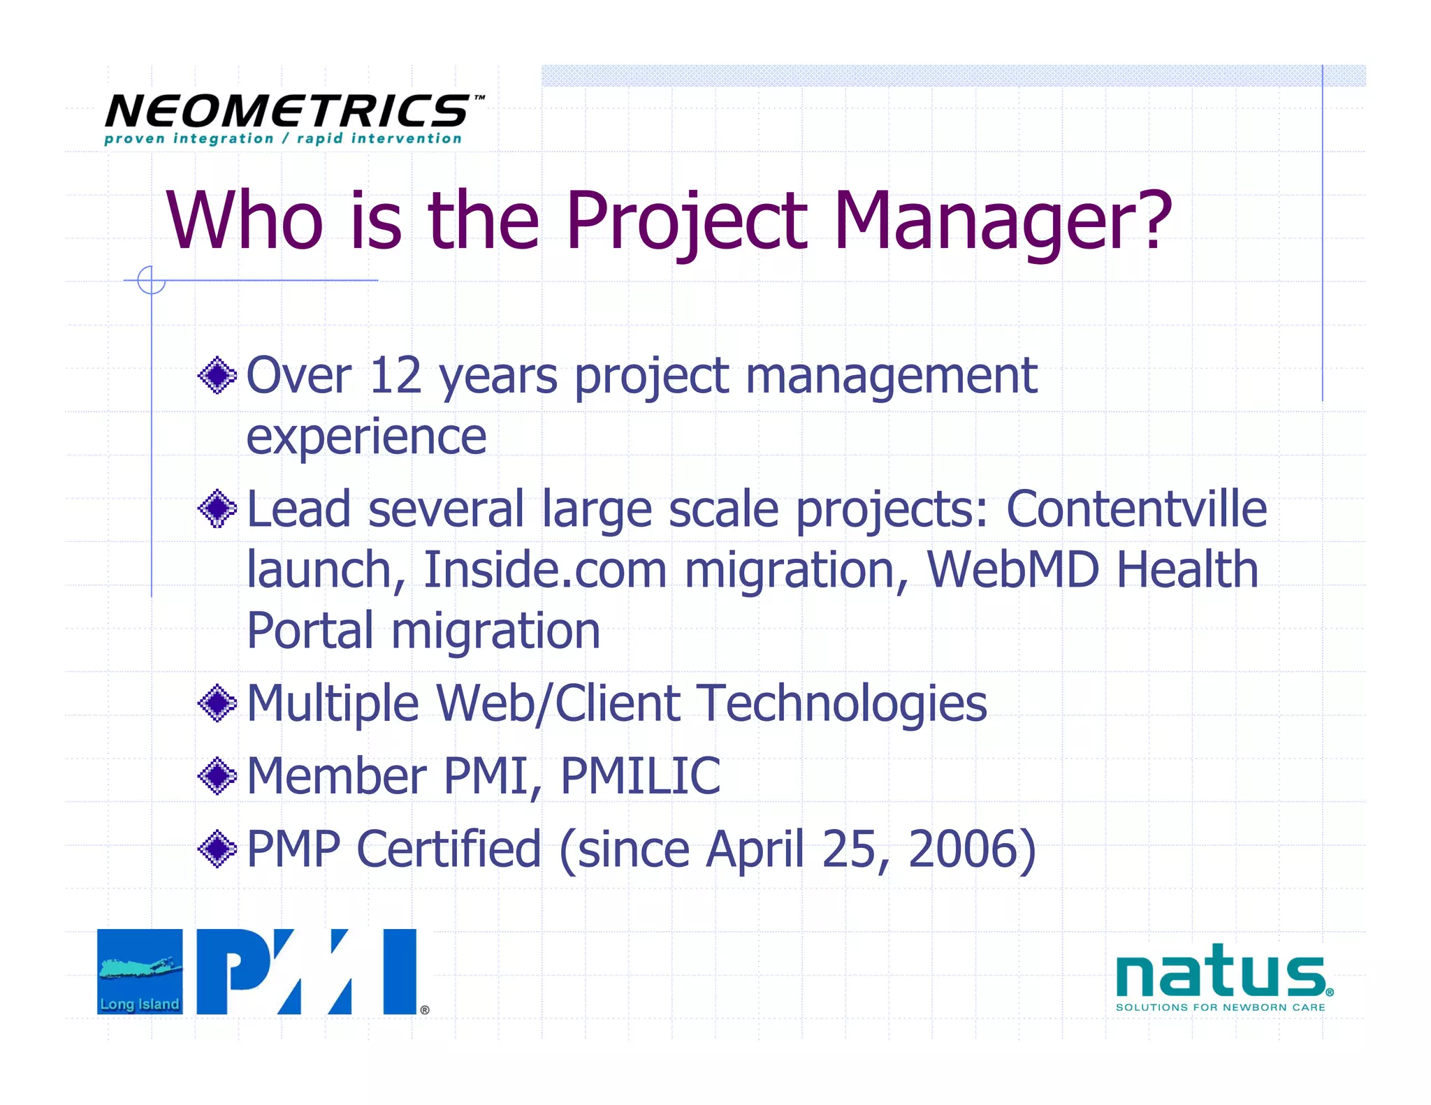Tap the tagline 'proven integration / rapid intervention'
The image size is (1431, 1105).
point(283,138)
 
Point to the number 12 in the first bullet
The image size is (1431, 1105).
point(395,376)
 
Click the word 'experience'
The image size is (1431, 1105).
point(366,437)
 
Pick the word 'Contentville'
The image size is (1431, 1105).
point(1135,508)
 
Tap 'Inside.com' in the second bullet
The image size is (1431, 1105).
point(545,570)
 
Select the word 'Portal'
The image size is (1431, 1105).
point(310,631)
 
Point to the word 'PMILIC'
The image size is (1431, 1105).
point(640,776)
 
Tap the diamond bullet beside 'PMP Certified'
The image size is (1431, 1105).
point(217,849)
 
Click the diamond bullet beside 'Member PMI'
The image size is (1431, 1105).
point(217,776)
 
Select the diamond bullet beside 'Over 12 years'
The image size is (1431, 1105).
point(217,376)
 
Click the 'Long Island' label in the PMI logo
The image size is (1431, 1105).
point(140,1004)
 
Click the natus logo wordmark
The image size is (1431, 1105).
point(1219,972)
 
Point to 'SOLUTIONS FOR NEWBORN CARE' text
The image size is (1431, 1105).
point(1220,1007)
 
